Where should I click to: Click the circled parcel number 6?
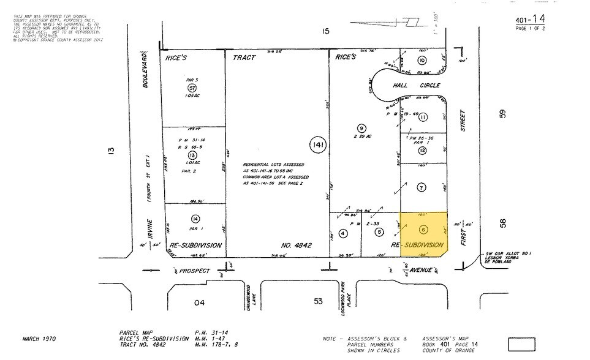423,230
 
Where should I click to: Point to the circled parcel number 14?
195,219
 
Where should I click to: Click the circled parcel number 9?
361,127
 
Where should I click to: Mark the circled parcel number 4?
343,233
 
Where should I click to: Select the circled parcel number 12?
422,150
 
